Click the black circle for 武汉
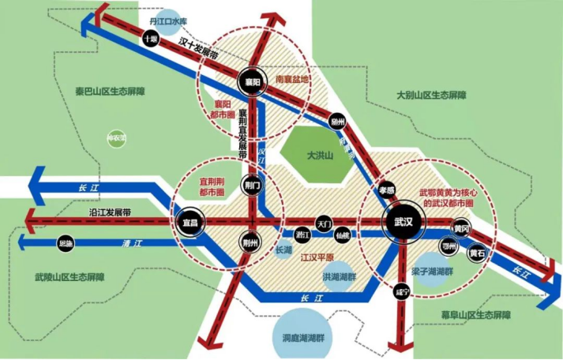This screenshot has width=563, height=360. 400,224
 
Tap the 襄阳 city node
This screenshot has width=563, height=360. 252,81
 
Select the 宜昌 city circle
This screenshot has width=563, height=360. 190,222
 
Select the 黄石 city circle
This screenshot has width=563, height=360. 476,253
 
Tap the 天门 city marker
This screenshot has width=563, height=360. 325,223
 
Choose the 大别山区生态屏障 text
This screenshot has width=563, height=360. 431,95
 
